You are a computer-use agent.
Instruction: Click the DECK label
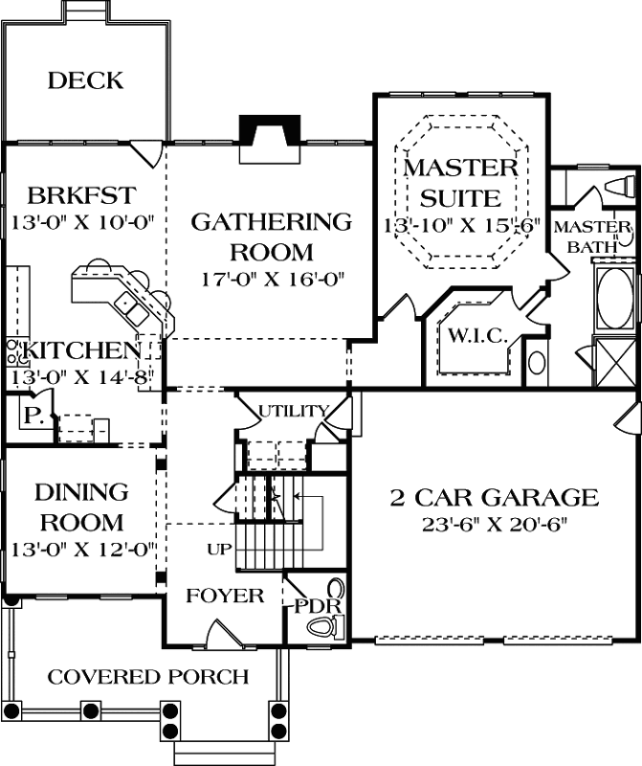pos(85,80)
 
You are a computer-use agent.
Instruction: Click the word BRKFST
pos(79,197)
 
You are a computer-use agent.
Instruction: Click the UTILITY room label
pos(294,412)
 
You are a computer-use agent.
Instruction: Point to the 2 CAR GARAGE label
pos(494,498)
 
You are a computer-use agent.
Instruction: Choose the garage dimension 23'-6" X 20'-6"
pos(494,524)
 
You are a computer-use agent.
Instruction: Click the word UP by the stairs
pos(218,550)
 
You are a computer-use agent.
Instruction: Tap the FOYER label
pos(225,597)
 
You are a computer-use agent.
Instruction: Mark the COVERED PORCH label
pos(148,677)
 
